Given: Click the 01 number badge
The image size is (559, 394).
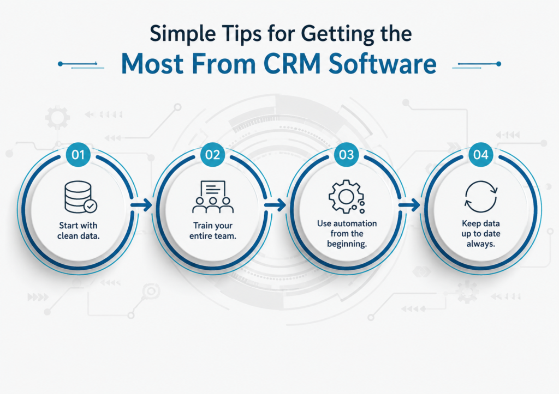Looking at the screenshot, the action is click(x=78, y=154).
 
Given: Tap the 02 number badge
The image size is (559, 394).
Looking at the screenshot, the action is click(x=212, y=154).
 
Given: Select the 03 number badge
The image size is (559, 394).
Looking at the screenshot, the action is click(x=347, y=154).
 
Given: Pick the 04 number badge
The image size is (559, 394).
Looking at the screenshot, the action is click(x=480, y=154).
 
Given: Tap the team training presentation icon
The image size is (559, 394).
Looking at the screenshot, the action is click(x=213, y=197).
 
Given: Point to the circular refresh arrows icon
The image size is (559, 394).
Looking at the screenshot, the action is click(x=481, y=197).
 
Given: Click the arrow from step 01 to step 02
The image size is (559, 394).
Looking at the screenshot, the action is click(x=141, y=205).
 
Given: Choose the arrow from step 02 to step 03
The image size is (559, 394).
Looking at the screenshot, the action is click(x=275, y=205).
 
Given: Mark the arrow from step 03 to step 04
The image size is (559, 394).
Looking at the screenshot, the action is click(x=409, y=205).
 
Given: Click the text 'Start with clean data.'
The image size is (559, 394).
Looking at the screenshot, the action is click(x=79, y=231).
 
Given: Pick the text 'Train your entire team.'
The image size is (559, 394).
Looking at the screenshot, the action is click(x=213, y=231).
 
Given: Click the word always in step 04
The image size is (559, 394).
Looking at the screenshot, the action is click(x=481, y=244).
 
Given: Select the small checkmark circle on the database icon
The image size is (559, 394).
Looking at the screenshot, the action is click(x=91, y=206).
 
